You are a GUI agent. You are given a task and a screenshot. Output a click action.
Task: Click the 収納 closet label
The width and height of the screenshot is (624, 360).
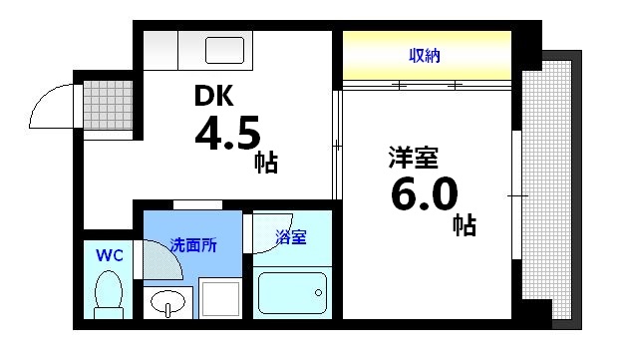[426, 56]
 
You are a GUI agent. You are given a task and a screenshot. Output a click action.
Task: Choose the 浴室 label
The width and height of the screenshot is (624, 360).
[291, 237]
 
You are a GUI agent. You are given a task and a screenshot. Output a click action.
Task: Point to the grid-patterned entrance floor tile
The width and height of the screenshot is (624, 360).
[101, 103]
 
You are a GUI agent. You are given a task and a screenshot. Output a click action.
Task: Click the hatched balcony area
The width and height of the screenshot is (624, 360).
[549, 189]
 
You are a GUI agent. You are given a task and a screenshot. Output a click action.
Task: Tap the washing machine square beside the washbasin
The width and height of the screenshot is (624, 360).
[218, 298]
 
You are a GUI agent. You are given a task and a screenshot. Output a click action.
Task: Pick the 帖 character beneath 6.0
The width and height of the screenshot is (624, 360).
[464, 224]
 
